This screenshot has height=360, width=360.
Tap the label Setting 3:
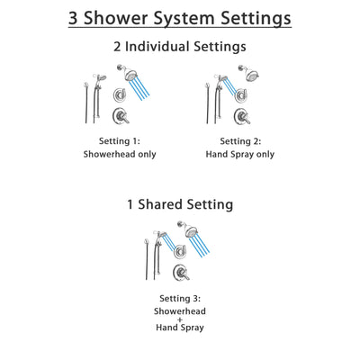click(180, 298)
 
